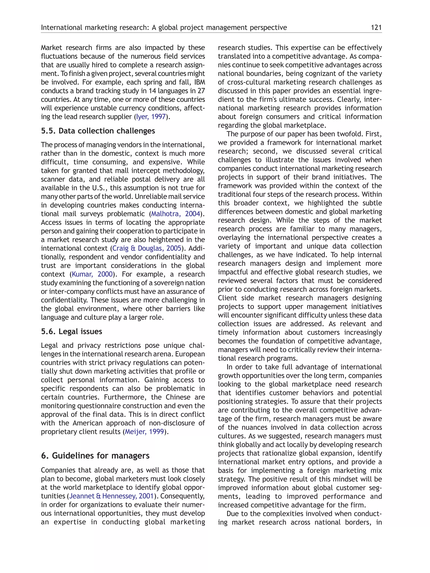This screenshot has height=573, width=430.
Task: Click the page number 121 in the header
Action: (376, 27)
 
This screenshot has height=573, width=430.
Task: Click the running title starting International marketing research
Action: (164, 27)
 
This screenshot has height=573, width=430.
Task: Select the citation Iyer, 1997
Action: (151, 117)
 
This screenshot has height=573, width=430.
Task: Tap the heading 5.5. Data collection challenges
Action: (98, 131)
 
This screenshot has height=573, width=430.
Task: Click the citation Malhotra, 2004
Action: (176, 214)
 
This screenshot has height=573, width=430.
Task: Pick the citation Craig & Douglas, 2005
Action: (147, 248)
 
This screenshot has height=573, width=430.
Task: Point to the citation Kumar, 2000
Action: (92, 274)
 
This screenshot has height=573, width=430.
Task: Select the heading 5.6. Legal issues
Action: (72, 332)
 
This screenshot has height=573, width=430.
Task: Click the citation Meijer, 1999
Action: (145, 432)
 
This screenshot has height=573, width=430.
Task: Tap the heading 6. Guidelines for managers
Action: (95, 456)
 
